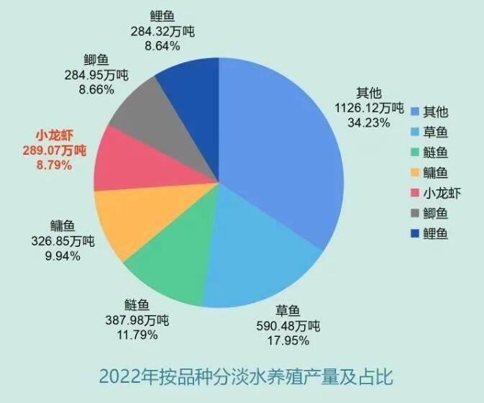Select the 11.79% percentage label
pos(137,335)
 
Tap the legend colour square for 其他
pos(415,112)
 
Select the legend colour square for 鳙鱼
pos(415,172)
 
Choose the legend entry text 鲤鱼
pos(436,232)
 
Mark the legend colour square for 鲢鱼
pos(415,152)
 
